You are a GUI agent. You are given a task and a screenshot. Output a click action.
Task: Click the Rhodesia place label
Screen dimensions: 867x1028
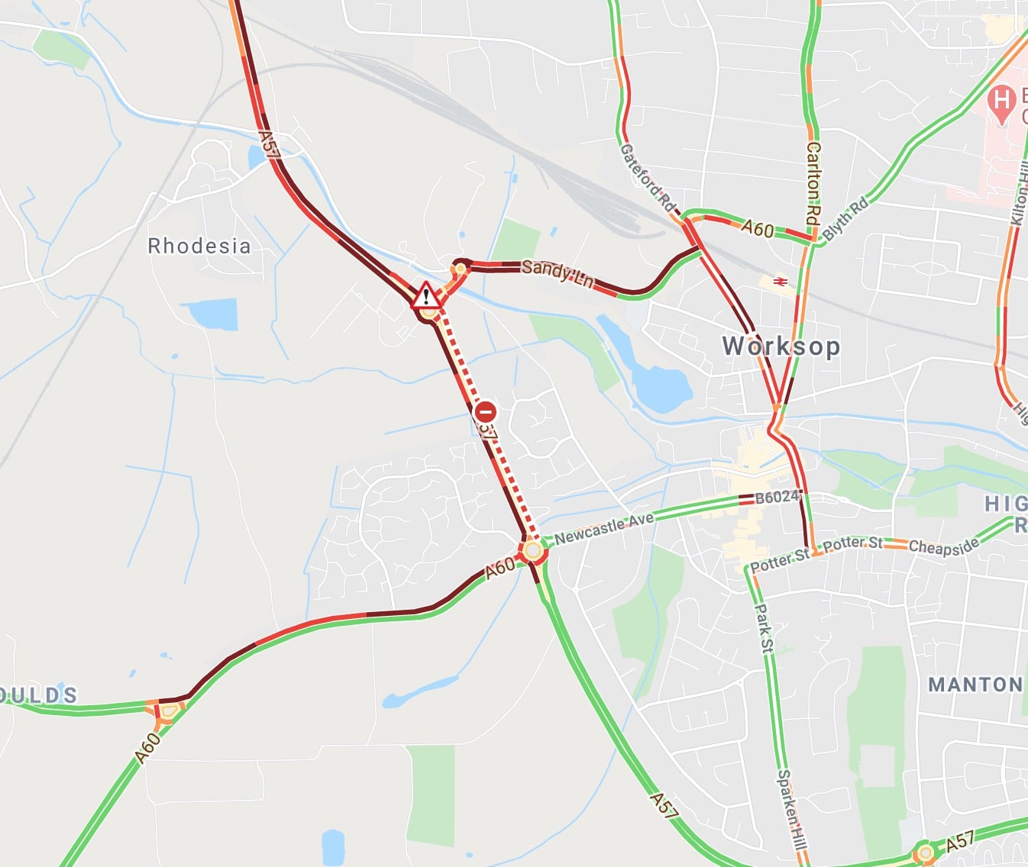(199, 246)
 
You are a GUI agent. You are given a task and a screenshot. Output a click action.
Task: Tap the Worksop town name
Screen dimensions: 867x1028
(781, 346)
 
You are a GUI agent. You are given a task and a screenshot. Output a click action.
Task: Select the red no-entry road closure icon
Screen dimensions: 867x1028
(485, 412)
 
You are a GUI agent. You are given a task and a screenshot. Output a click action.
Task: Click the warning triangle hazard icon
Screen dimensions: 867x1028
(426, 295)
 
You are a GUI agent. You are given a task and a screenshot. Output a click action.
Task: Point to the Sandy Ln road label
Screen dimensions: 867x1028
(558, 273)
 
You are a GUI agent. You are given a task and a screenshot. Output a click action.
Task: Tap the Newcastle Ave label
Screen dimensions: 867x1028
(604, 527)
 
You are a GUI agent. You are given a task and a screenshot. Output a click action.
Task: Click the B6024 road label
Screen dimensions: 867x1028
(776, 498)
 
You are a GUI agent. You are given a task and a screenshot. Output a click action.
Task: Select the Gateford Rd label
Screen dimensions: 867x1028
(648, 179)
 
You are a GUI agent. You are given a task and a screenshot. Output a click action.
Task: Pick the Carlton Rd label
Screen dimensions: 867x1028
(813, 183)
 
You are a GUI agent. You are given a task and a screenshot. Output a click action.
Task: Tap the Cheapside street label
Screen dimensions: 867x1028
(943, 546)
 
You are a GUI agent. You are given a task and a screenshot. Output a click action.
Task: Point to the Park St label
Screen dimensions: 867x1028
(763, 628)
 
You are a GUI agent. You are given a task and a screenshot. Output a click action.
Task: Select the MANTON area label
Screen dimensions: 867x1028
(975, 685)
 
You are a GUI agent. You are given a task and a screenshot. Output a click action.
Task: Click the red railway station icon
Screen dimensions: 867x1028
(780, 282)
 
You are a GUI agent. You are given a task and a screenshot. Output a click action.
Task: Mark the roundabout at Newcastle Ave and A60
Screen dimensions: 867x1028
(533, 550)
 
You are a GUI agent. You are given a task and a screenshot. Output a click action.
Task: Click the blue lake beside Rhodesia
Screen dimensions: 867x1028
(209, 314)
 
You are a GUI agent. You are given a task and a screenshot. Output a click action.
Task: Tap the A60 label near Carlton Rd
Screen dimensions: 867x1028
(757, 228)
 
